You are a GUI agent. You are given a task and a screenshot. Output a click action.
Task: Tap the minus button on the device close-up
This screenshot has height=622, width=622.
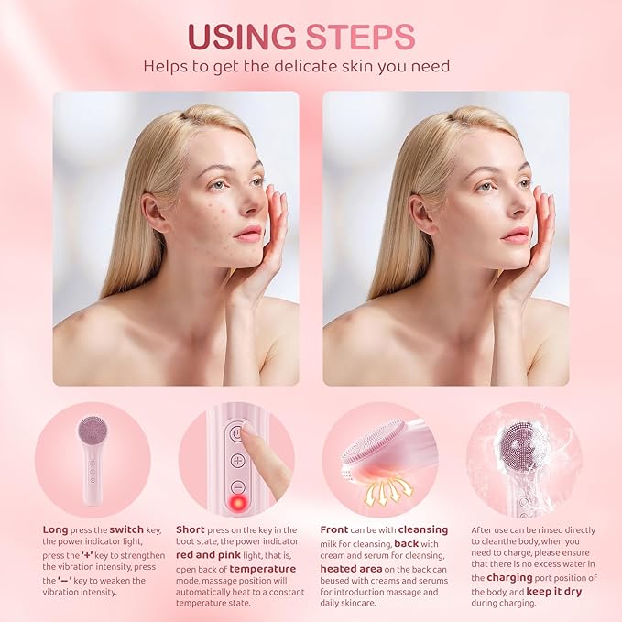(x=237, y=487)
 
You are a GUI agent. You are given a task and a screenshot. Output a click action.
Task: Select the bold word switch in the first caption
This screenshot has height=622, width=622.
(x=127, y=529)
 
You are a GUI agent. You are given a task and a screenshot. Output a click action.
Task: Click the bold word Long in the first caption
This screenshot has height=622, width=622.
(x=55, y=529)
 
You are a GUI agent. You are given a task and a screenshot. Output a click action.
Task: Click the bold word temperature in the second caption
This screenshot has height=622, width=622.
(x=261, y=568)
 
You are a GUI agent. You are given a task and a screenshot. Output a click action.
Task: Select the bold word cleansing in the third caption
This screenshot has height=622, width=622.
(x=422, y=529)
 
